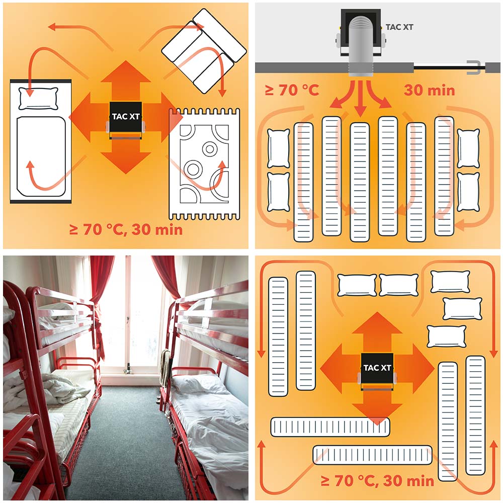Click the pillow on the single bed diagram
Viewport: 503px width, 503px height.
pyautogui.click(x=39, y=99)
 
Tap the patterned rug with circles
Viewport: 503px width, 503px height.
pyautogui.click(x=204, y=164)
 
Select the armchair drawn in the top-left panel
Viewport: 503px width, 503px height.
pyautogui.click(x=204, y=51)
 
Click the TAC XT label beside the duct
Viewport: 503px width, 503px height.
pyautogui.click(x=399, y=27)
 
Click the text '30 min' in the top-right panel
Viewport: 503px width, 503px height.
pyautogui.click(x=429, y=91)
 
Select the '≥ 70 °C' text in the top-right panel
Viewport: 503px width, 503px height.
pyautogui.click(x=292, y=91)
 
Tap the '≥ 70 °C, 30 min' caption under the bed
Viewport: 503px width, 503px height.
pyautogui.click(x=126, y=230)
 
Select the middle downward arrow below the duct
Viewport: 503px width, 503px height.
pyautogui.click(x=361, y=99)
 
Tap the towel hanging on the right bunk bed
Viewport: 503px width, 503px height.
pyautogui.click(x=165, y=367)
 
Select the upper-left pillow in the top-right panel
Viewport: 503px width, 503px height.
pyautogui.click(x=278, y=148)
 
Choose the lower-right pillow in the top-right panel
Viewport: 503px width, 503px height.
pyautogui.click(x=468, y=192)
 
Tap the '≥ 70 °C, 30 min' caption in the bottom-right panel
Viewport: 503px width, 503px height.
pyautogui.click(x=377, y=481)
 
